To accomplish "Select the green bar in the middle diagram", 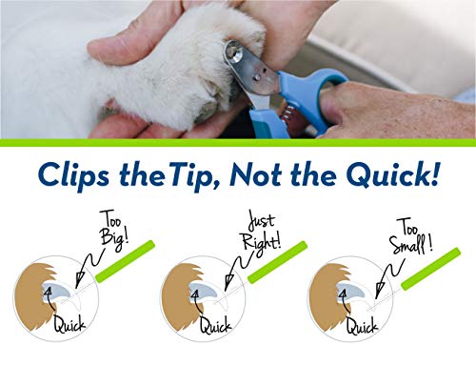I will point(285,258).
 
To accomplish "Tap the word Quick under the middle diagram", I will point(217,325).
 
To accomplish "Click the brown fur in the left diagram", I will point(36,286).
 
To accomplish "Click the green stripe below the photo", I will point(238,142).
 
